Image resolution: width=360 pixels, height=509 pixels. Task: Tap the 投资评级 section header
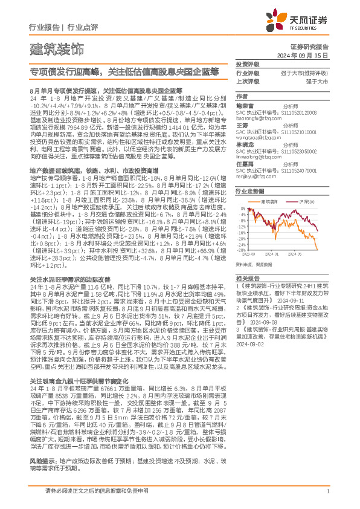(x=247, y=64)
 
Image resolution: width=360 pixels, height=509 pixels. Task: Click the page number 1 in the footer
(x=327, y=492)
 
